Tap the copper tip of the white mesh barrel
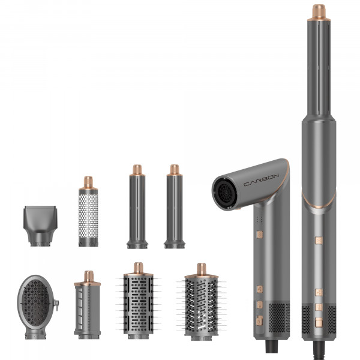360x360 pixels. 88,181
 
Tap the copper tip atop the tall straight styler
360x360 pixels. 319,11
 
